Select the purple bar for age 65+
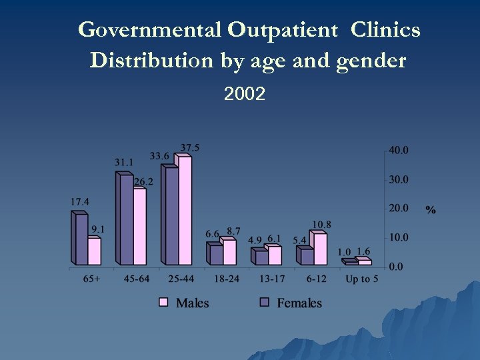pyautogui.click(x=80, y=239)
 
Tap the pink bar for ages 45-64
pyautogui.click(x=139, y=227)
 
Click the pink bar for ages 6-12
pyautogui.click(x=319, y=249)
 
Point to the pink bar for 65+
pyautogui.click(x=95, y=251)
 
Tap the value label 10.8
pyautogui.click(x=321, y=225)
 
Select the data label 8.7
pyautogui.click(x=233, y=231)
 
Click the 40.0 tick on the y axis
pyautogui.click(x=399, y=151)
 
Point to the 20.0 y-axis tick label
pyautogui.click(x=399, y=208)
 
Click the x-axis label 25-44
pyautogui.click(x=181, y=279)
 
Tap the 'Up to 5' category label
pyautogui.click(x=361, y=279)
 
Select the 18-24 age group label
pyautogui.click(x=226, y=279)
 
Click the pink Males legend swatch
pyautogui.click(x=164, y=303)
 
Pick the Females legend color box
pyautogui.click(x=264, y=303)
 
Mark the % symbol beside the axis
pyautogui.click(x=431, y=210)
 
